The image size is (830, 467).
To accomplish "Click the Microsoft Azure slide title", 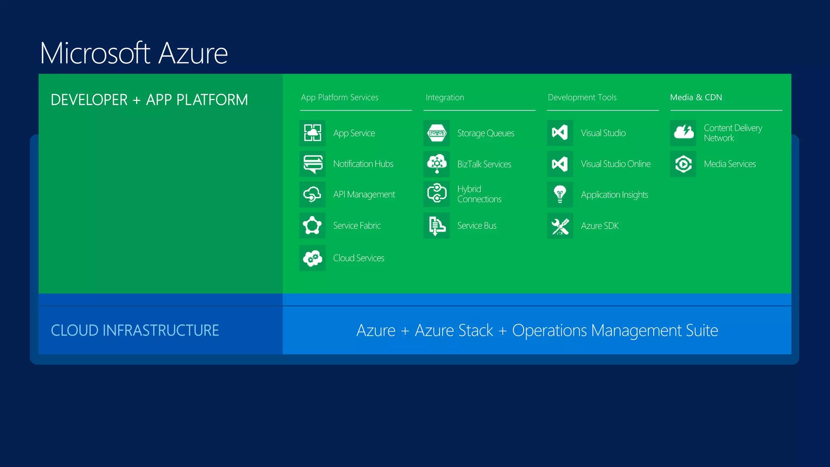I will pyautogui.click(x=134, y=53).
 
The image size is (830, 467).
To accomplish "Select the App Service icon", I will pyautogui.click(x=312, y=133).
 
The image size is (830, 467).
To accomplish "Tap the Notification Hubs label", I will pyautogui.click(x=363, y=164).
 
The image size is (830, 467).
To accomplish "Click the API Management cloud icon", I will pyautogui.click(x=312, y=195).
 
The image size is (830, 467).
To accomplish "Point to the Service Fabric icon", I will pyautogui.click(x=312, y=225).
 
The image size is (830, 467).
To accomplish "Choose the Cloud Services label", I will pyautogui.click(x=359, y=258).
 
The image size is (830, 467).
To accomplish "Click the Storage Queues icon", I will pyautogui.click(x=436, y=133).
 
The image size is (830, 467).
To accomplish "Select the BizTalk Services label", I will pyautogui.click(x=484, y=164).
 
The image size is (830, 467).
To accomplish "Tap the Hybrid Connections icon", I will pyautogui.click(x=436, y=194).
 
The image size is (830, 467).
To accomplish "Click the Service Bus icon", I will pyautogui.click(x=436, y=225).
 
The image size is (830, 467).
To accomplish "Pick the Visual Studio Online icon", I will pyautogui.click(x=560, y=164).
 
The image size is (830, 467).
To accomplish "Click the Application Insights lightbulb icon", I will pyautogui.click(x=560, y=195).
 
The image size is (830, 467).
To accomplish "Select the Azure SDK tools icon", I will pyautogui.click(x=560, y=226).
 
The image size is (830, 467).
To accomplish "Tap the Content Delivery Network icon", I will pyautogui.click(x=683, y=133).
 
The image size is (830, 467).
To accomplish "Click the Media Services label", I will pyautogui.click(x=730, y=164).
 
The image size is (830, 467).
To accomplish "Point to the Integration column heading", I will pyautogui.click(x=445, y=97).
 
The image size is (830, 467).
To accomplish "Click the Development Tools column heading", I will pyautogui.click(x=582, y=97).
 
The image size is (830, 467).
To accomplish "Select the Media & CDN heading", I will pyautogui.click(x=696, y=97).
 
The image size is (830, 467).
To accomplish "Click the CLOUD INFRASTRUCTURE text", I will pyautogui.click(x=135, y=330).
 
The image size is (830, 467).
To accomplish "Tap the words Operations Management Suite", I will pyautogui.click(x=615, y=330).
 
